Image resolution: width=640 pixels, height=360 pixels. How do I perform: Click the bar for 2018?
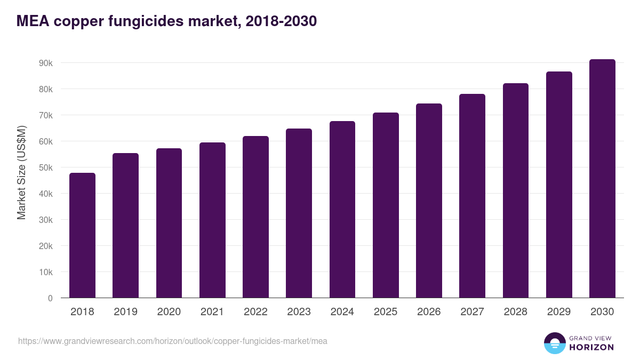(82, 235)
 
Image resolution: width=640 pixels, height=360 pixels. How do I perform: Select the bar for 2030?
(602, 179)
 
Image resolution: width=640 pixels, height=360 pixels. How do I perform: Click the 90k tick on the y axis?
(45, 63)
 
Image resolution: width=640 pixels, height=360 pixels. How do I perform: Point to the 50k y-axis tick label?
(45, 167)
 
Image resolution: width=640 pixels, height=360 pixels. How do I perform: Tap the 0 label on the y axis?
(50, 298)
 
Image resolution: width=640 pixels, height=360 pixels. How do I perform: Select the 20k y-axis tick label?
(45, 246)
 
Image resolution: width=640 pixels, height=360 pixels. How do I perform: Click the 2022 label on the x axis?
(255, 312)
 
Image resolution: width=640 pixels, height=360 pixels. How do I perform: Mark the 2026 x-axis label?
(429, 312)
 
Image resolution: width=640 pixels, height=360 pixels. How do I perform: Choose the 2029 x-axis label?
(559, 312)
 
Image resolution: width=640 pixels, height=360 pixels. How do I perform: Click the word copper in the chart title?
(78, 21)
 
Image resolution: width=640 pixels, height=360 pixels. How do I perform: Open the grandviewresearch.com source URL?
(173, 341)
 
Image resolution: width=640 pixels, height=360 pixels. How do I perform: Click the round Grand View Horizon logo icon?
(554, 343)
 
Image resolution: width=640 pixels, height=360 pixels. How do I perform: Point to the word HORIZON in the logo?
(591, 347)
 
